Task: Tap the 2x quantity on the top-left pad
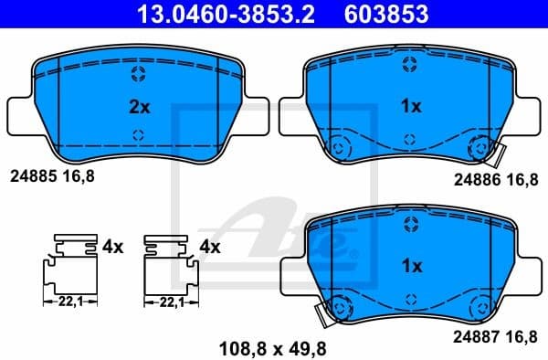pos(138,106)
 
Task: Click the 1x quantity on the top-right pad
pos(411,106)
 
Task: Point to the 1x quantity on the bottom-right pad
pos(411,266)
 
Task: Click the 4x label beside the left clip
pos(112,247)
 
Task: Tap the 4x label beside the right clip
pos(209,247)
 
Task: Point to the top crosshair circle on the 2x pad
pos(138,73)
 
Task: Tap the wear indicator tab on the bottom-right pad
pos(321,315)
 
